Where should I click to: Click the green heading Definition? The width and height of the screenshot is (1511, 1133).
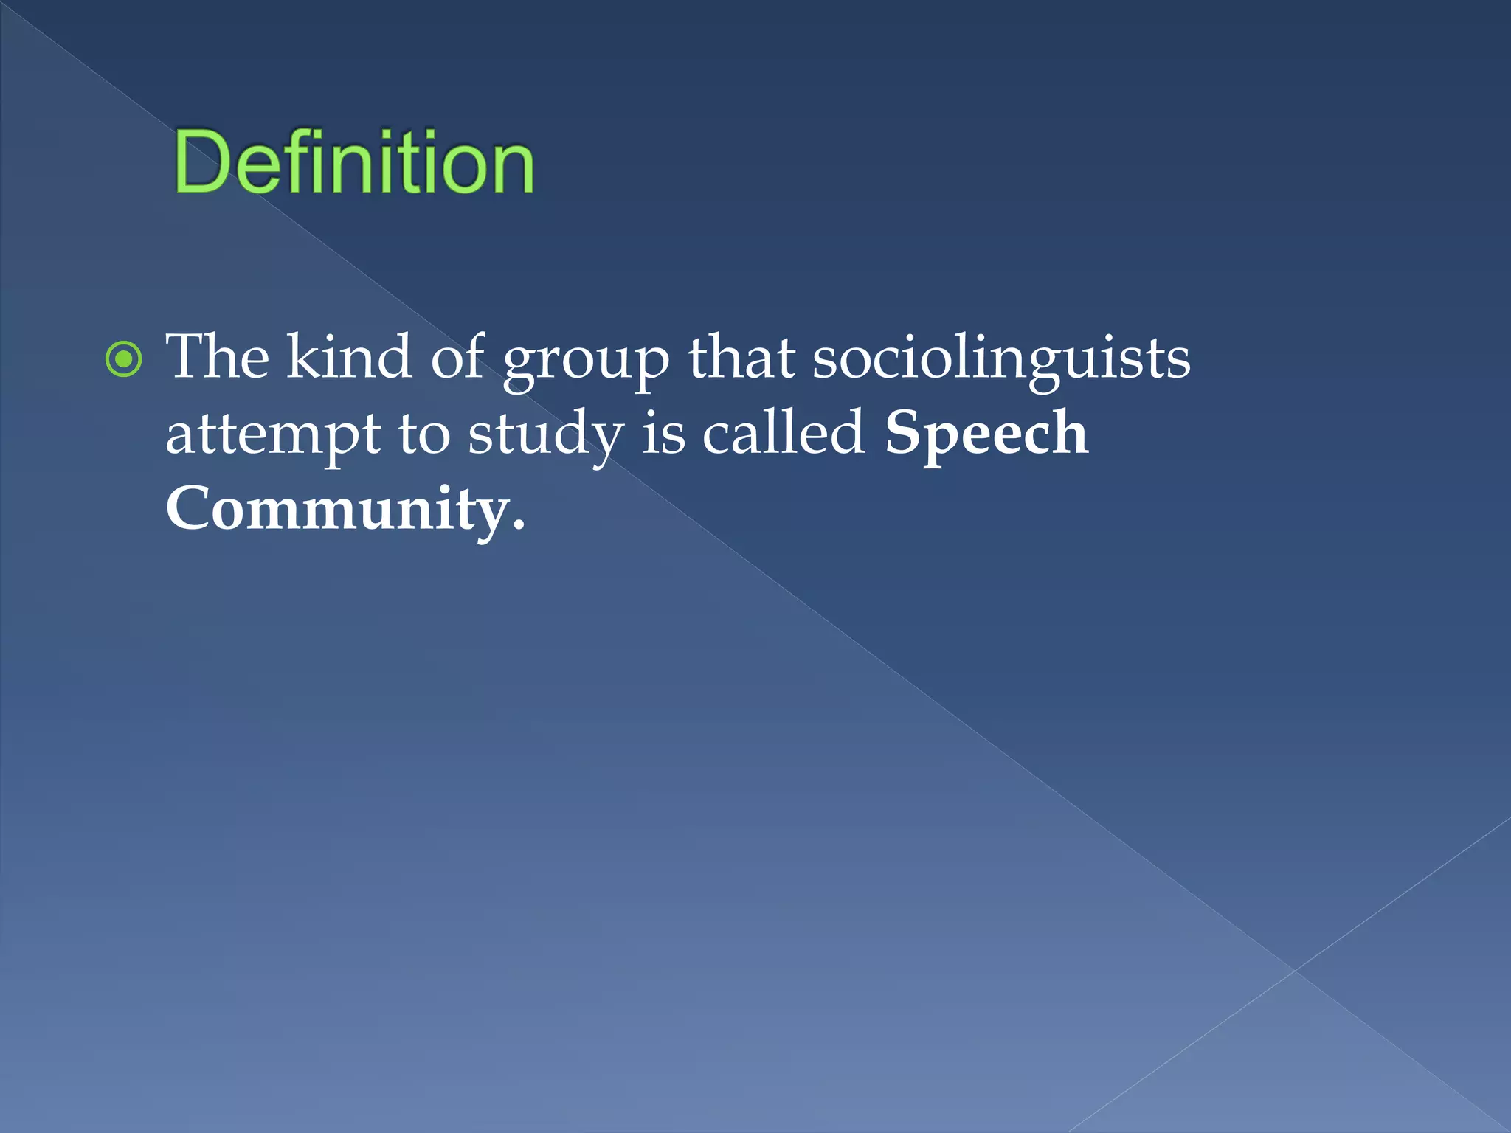(x=354, y=162)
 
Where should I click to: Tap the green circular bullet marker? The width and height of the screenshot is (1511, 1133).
(x=123, y=360)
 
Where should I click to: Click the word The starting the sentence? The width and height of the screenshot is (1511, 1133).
(x=218, y=357)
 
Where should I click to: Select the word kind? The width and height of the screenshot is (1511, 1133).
(x=349, y=357)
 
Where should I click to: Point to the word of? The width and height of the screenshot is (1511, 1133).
(x=457, y=357)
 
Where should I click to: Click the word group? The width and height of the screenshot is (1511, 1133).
(x=586, y=361)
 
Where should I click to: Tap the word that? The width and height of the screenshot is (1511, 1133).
(x=741, y=357)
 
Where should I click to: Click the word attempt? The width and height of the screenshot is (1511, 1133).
(x=272, y=435)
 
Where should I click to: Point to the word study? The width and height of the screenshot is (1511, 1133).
(x=546, y=435)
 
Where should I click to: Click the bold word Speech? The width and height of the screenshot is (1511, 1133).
(x=986, y=435)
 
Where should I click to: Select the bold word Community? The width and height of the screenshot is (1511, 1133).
(x=336, y=510)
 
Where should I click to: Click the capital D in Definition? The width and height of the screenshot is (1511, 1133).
(x=197, y=162)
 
